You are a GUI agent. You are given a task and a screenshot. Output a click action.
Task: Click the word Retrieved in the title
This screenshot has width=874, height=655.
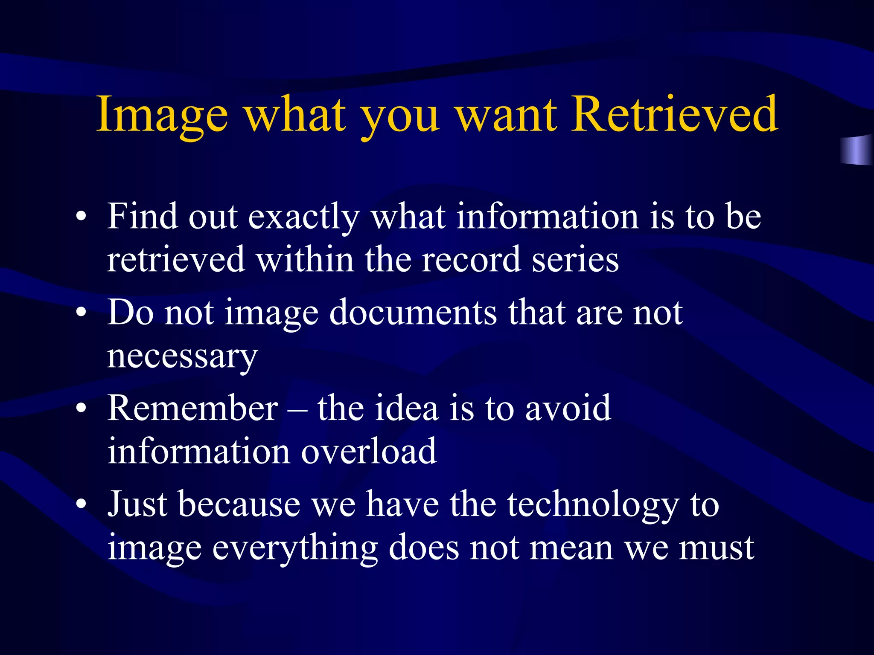pyautogui.click(x=675, y=114)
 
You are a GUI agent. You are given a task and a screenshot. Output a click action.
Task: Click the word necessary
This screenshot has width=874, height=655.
pyautogui.click(x=182, y=356)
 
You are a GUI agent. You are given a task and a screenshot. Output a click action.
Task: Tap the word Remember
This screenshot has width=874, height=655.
pyautogui.click(x=192, y=408)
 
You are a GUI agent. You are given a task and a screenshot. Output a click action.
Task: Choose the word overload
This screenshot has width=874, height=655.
pyautogui.click(x=369, y=451)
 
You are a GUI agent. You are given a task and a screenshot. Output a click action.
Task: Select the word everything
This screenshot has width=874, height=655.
pyautogui.click(x=295, y=548)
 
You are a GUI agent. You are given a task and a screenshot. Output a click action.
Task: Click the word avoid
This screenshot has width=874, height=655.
pyautogui.click(x=568, y=408)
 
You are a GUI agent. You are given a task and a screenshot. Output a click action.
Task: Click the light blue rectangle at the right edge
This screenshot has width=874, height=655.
pyautogui.click(x=856, y=150)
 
